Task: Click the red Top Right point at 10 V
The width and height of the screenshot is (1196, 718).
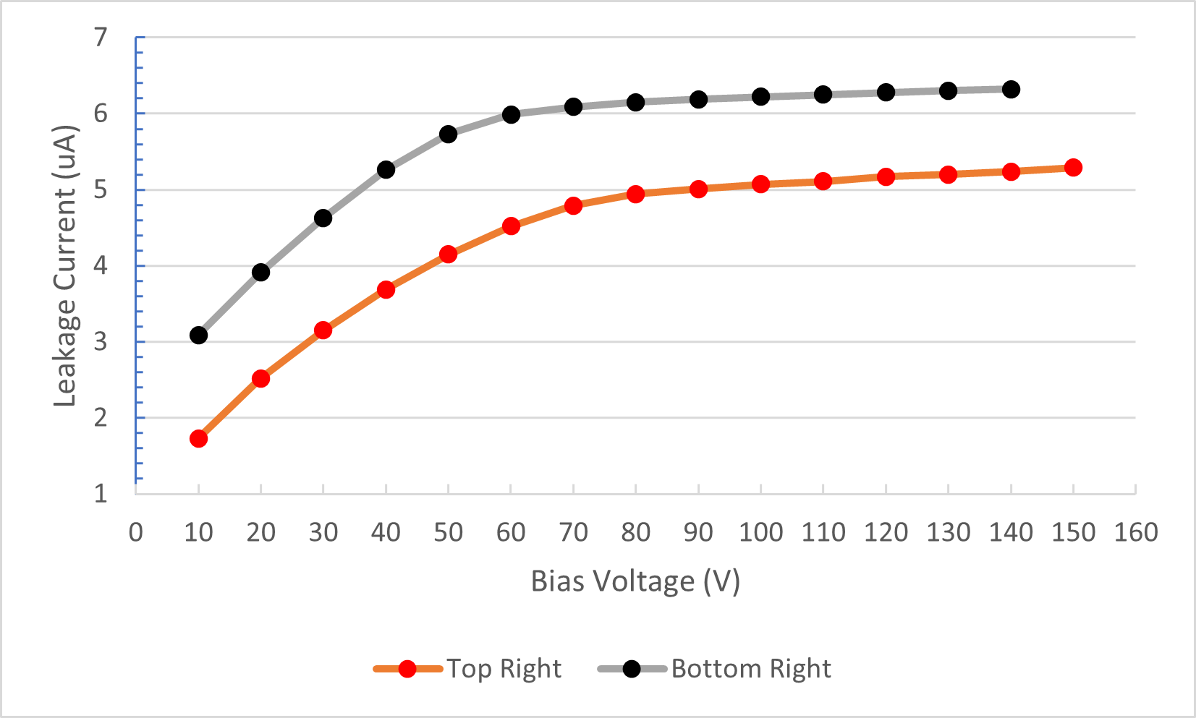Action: point(198,439)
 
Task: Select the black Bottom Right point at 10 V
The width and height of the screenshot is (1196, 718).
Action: point(198,336)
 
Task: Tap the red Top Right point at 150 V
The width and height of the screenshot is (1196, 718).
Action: point(1073,168)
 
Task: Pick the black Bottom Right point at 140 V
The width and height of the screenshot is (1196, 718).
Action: point(1011,90)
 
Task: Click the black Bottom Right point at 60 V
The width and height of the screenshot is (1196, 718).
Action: point(511,115)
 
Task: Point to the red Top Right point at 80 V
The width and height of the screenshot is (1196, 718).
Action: point(636,194)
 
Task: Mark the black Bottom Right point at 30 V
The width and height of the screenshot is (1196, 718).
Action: point(323,218)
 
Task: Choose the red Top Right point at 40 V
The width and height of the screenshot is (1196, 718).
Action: point(386,290)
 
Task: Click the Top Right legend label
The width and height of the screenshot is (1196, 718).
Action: point(504,669)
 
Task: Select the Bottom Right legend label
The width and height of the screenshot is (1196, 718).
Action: point(751,669)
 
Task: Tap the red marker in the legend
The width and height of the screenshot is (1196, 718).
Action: point(407,669)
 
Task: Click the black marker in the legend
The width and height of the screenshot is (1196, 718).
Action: point(632,669)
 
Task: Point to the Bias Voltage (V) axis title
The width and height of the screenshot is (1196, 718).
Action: point(635,581)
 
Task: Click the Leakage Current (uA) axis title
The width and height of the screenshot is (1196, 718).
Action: point(65,266)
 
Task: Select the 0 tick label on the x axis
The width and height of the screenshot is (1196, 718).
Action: point(136,533)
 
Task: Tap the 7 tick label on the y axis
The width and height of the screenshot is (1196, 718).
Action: point(101,37)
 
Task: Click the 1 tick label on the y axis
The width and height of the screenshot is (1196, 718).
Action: point(101,494)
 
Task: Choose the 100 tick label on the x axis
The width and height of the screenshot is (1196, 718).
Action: point(760,533)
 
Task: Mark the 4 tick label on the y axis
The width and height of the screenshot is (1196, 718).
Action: point(101,265)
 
